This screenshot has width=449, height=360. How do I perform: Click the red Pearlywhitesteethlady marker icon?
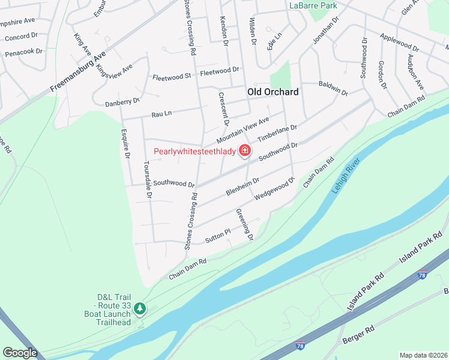tap(245, 151)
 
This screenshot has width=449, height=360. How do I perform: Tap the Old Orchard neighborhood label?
tap(273, 92)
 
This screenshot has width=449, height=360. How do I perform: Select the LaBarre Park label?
tap(313, 5)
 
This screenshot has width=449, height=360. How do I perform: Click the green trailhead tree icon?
tap(140, 308)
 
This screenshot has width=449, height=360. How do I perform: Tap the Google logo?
tap(20, 353)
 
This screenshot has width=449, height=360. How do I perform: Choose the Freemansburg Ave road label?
tap(78, 71)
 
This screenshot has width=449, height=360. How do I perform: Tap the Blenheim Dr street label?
tap(243, 186)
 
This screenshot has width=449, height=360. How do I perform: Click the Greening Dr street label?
tap(244, 224)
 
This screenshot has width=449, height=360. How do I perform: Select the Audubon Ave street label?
tap(415, 72)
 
